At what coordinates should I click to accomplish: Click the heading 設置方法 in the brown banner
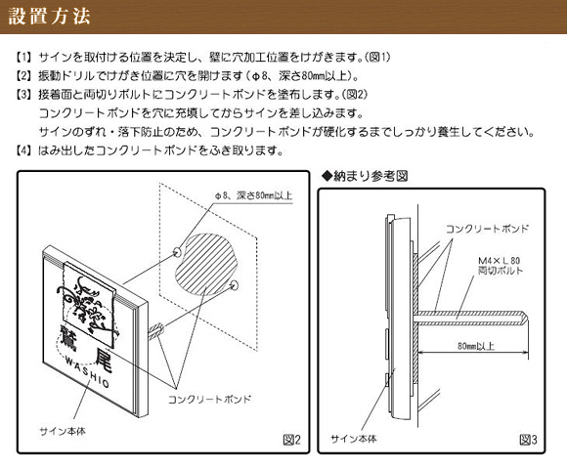(49, 17)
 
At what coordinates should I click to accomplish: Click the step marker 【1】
(23, 57)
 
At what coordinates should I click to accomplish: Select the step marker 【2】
(23, 76)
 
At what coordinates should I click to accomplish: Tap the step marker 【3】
(23, 95)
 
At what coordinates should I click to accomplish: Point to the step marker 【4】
(23, 150)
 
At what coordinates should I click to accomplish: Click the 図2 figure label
(292, 440)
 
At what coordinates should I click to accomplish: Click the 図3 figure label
(528, 440)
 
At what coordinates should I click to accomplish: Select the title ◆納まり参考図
(365, 176)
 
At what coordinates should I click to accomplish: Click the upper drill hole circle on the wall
(177, 251)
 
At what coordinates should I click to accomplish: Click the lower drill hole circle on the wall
(235, 284)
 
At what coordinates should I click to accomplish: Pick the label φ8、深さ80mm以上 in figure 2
(253, 195)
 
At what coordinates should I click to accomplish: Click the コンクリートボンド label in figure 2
(209, 400)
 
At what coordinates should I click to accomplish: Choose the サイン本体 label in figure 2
(63, 431)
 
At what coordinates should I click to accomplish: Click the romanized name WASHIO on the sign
(87, 370)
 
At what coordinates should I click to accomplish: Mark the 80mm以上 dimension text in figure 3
(475, 346)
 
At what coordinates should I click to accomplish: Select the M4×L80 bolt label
(499, 261)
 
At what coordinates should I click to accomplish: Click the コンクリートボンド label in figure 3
(487, 229)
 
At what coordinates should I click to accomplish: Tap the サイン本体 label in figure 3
(354, 439)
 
